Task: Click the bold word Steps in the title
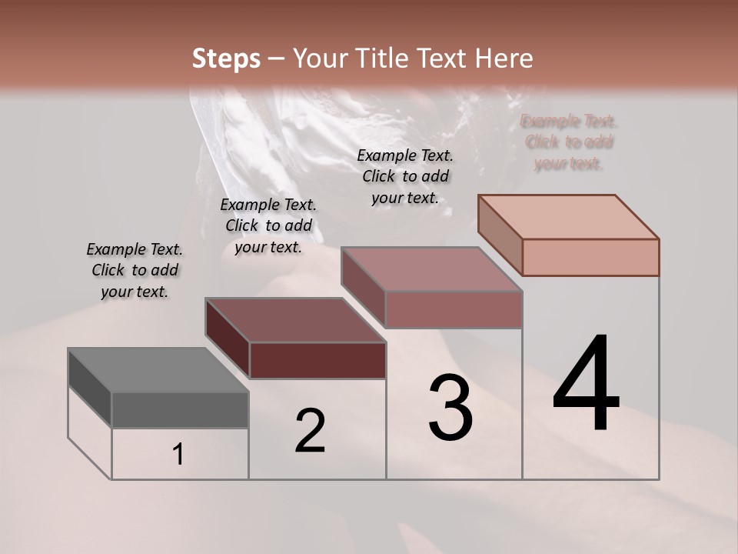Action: point(226,58)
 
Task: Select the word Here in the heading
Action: point(503,58)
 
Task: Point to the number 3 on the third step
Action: point(450,408)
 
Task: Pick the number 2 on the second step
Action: point(310,431)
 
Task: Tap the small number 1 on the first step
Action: point(178,455)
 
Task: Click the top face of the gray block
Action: point(158,370)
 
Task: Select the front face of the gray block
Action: point(180,409)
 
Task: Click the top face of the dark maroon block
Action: point(295,320)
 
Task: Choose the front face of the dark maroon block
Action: point(317,360)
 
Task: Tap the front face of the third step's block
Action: point(454,309)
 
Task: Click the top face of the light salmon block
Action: point(569,216)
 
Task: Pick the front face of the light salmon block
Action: point(590,257)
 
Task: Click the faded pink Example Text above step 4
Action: point(569,142)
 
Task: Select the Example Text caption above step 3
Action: point(405,176)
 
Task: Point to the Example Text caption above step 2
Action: point(268,225)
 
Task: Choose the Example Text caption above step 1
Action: point(135,270)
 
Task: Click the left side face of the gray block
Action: point(90,388)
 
